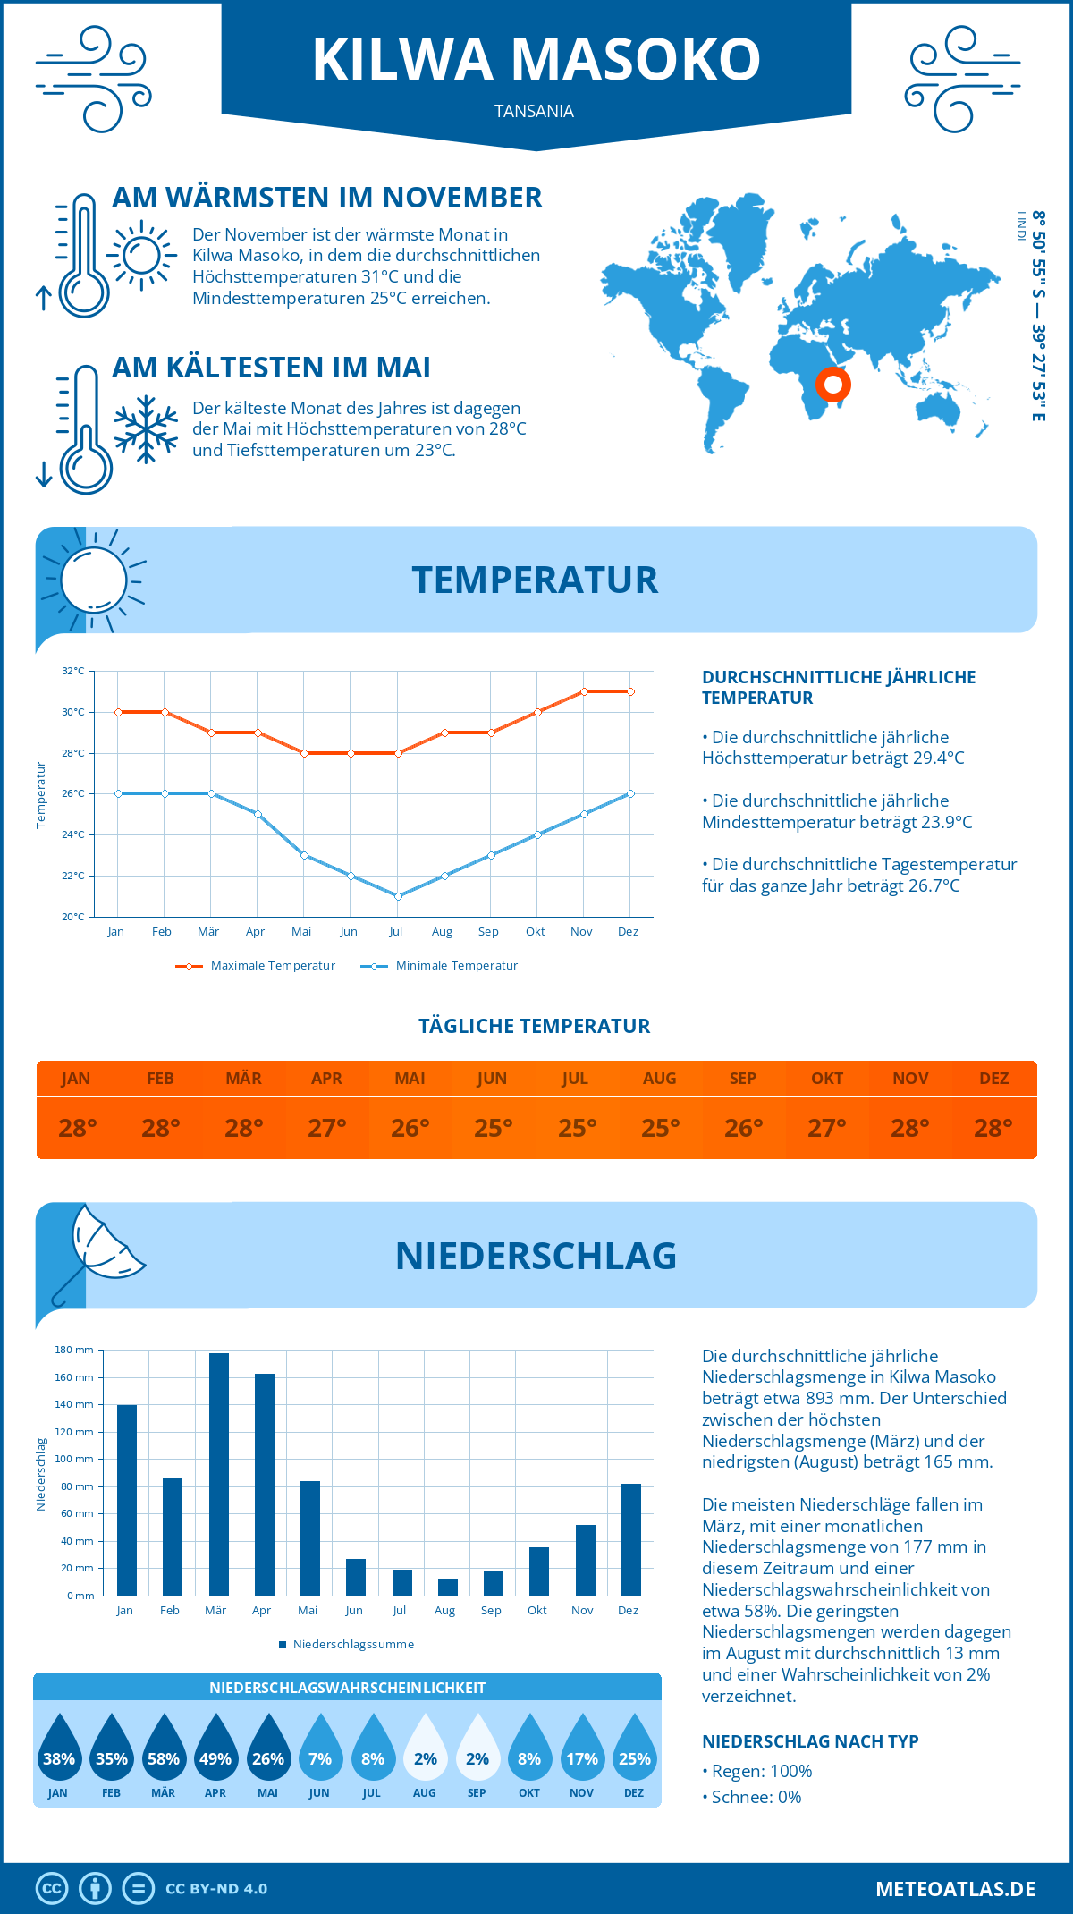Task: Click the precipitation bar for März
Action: [218, 1474]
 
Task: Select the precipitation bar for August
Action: [447, 1587]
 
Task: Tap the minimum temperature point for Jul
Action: [398, 896]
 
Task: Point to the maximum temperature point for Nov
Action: [584, 691]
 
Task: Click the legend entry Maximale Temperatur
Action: [256, 966]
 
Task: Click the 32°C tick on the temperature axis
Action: [73, 671]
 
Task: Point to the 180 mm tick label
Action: [74, 1350]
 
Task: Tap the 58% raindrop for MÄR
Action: [164, 1749]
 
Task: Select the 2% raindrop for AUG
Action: [425, 1749]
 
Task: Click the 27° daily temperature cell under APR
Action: [327, 1128]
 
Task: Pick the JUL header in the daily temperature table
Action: [575, 1079]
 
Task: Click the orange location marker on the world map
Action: [832, 385]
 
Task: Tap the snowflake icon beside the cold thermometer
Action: [145, 429]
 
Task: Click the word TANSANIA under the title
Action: [534, 112]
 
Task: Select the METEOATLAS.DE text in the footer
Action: [955, 1889]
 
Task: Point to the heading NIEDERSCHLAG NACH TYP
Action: [810, 1741]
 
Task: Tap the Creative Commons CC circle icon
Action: [52, 1889]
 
